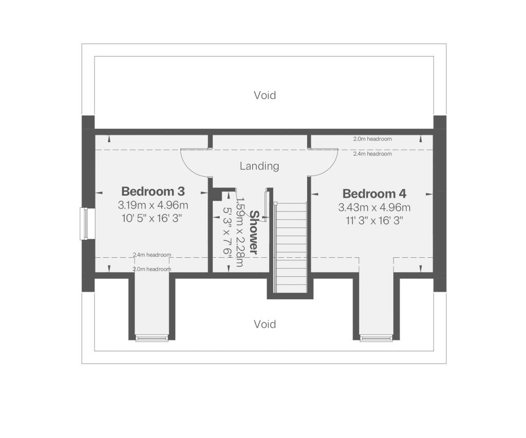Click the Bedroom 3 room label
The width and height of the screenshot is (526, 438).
tap(153, 192)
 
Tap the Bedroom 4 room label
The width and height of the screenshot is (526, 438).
tap(374, 194)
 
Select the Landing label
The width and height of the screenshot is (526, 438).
tap(259, 166)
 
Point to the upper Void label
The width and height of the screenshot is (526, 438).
tap(265, 95)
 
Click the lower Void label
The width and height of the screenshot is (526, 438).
tap(265, 324)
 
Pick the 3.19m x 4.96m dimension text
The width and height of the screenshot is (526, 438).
tap(153, 205)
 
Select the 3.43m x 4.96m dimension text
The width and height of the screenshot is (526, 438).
tap(374, 208)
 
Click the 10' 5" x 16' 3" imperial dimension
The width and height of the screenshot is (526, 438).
tap(153, 219)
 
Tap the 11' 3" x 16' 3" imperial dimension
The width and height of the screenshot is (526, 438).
tap(374, 221)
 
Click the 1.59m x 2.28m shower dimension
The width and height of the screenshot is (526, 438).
tap(239, 233)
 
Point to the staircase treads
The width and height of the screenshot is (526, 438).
tap(291, 246)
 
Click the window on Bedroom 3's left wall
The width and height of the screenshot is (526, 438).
tap(84, 223)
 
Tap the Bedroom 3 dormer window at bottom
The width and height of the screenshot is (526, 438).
tap(152, 337)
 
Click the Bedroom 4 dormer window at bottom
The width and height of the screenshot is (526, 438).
tap(376, 337)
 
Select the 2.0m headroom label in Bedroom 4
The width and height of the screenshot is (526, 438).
tap(372, 139)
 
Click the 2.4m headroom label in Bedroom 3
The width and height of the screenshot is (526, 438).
tap(152, 255)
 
